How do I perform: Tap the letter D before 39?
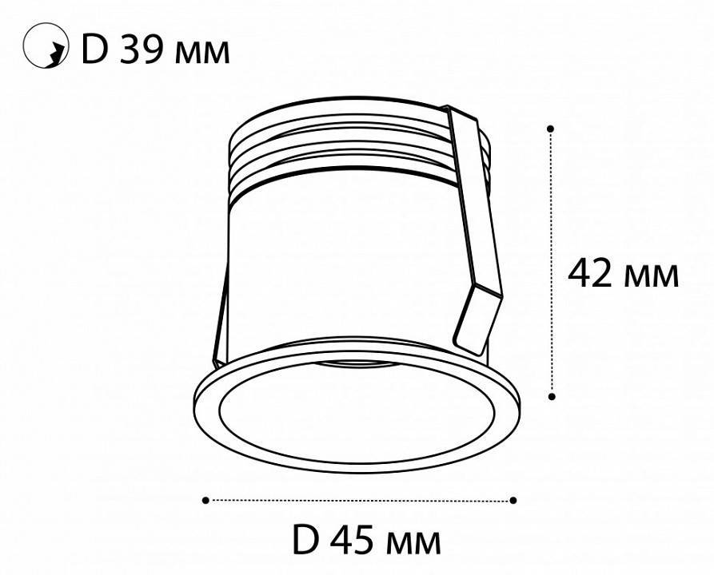(94, 51)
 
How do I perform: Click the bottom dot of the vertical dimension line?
(551, 395)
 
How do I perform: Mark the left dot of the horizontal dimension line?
(205, 500)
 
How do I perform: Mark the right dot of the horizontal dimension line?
(513, 500)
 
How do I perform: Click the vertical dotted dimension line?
(551, 200)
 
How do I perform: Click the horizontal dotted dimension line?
(360, 500)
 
